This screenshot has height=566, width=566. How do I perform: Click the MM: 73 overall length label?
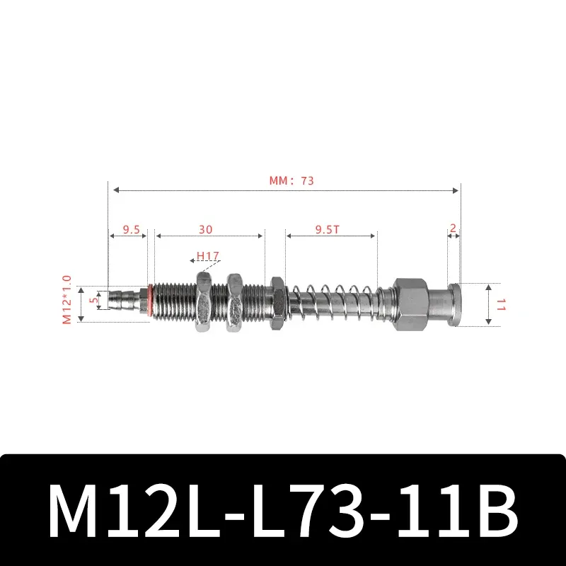(291, 180)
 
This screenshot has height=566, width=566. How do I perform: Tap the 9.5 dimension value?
(131, 229)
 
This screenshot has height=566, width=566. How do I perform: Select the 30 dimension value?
(206, 229)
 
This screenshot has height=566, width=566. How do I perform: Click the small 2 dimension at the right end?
(453, 229)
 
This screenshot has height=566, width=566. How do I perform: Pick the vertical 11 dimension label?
(501, 305)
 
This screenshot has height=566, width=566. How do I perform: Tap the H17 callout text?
(207, 256)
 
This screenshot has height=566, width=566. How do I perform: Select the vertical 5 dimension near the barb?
(93, 299)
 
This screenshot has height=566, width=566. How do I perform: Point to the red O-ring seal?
(150, 300)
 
